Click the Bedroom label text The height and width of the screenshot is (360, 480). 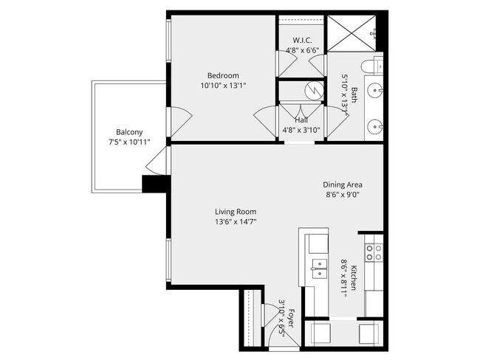coord(222,75)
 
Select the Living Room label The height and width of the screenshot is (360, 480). coord(236,211)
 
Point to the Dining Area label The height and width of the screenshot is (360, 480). coord(343,184)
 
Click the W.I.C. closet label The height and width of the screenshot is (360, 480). coord(303,40)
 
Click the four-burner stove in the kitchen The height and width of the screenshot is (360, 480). coord(374,252)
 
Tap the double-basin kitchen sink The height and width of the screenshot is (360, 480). coord(319,267)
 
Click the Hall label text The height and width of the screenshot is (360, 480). coord(301,120)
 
